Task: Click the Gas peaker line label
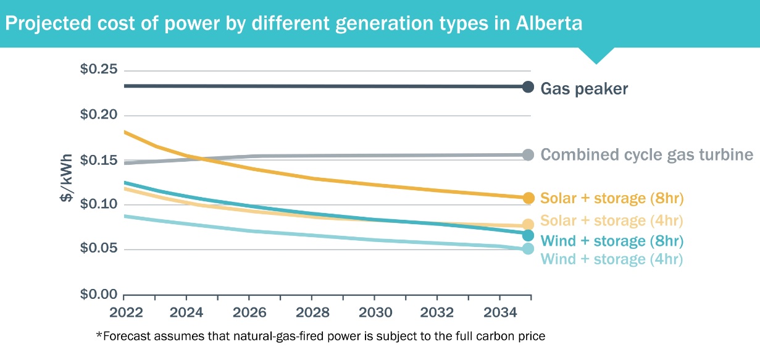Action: tap(584, 89)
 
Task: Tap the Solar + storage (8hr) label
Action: tap(612, 198)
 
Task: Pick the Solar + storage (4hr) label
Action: tap(612, 220)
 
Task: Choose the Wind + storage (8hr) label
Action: tap(612, 240)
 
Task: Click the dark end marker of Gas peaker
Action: tap(528, 87)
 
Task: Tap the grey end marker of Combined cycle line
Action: tap(528, 155)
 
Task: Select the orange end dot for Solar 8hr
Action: tap(528, 198)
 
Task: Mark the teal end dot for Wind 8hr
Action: tap(528, 235)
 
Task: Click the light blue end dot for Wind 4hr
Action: tap(528, 249)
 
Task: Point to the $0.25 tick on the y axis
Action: tap(98, 69)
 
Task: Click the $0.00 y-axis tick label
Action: tap(98, 294)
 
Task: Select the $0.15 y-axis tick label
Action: tap(98, 160)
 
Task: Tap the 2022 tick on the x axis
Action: tap(126, 311)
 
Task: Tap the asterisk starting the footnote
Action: tap(98, 335)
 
